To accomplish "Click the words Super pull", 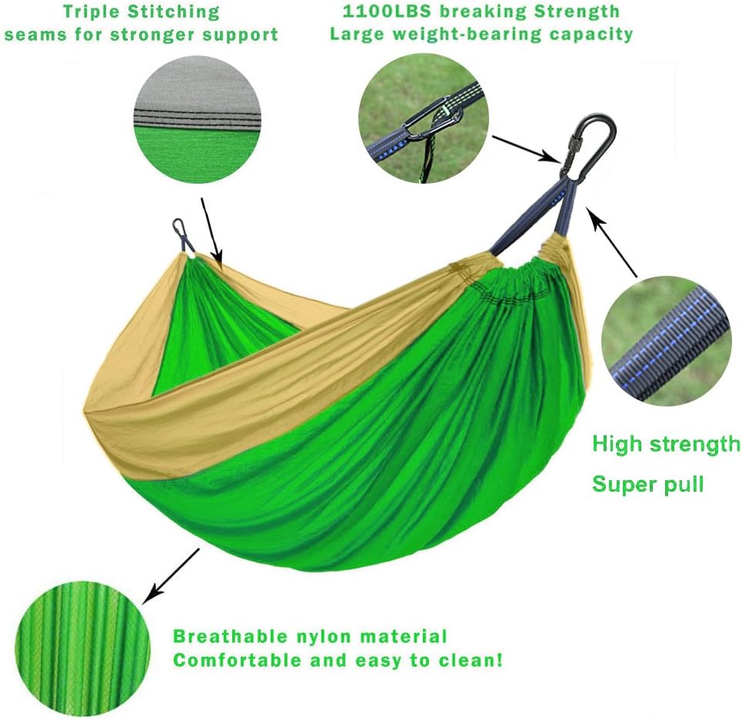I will click(x=647, y=485).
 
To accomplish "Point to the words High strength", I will click(x=666, y=444).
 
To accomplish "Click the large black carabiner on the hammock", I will click(x=591, y=146).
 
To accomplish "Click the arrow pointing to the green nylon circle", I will click(x=171, y=575).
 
